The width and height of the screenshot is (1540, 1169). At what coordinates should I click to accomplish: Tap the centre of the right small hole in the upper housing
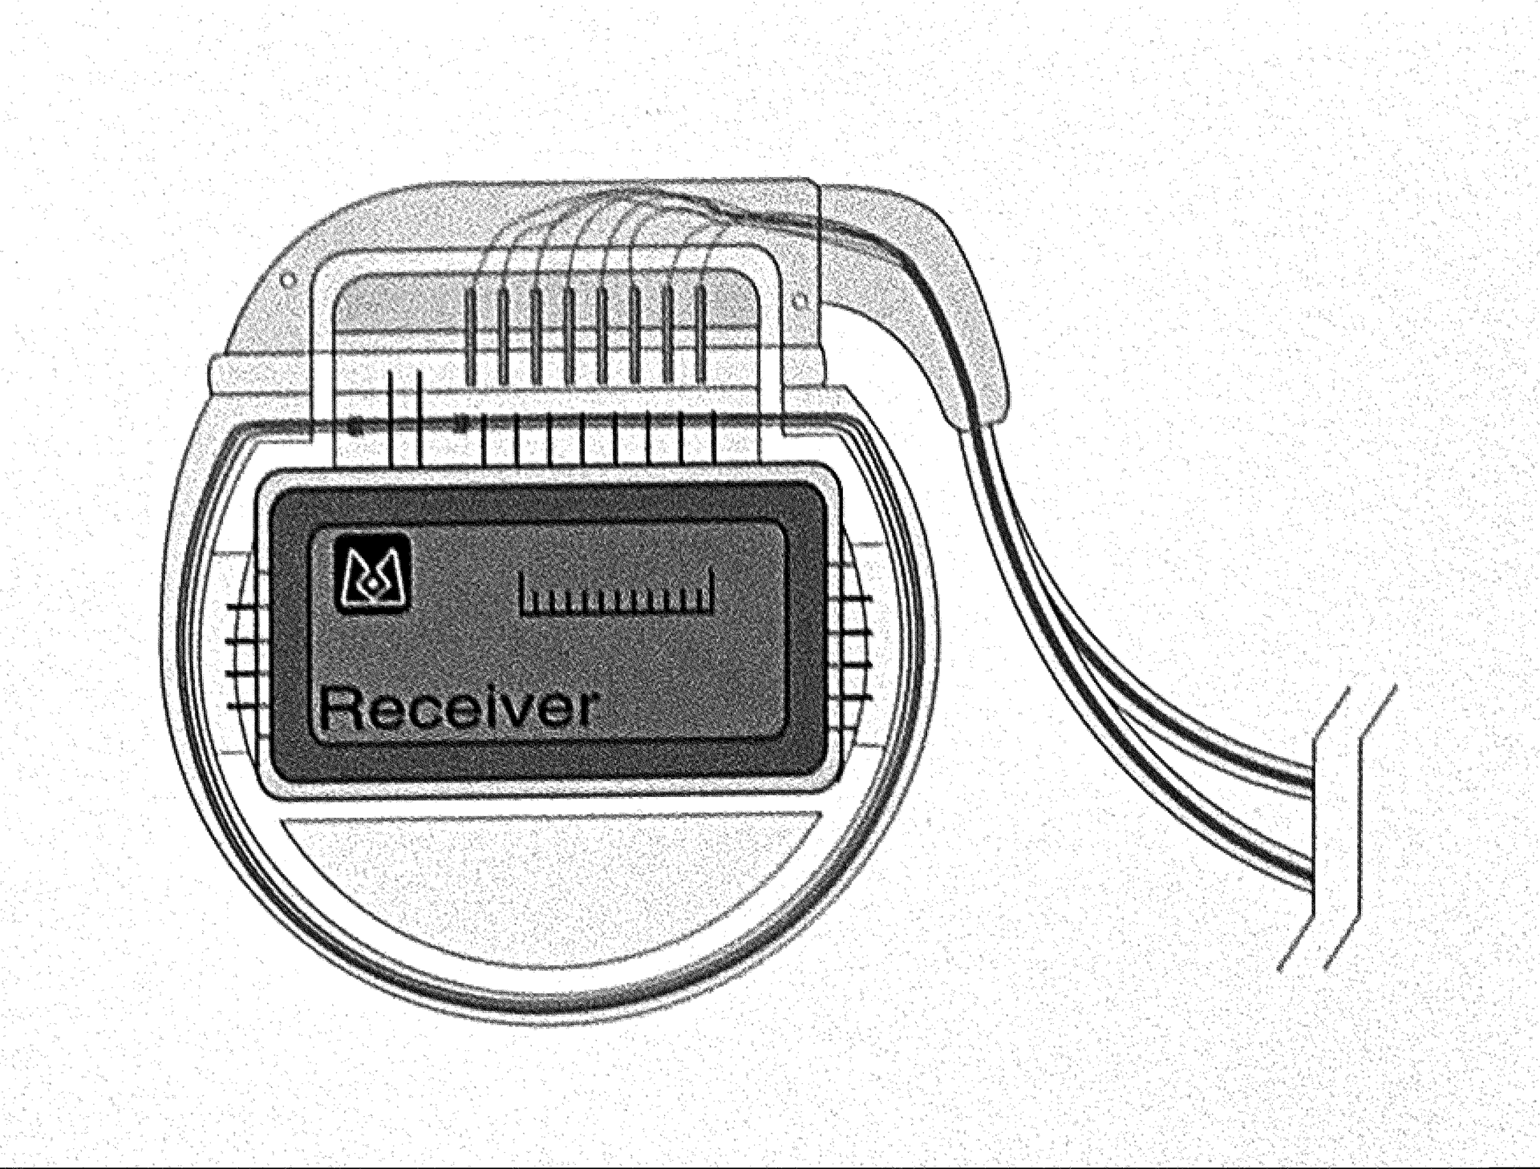tap(799, 301)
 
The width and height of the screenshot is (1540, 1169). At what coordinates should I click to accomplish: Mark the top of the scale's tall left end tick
tap(522, 573)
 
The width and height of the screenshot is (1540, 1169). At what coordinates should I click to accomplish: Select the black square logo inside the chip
tap(373, 573)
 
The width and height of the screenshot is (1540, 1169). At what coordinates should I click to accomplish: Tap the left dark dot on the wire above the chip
tap(355, 427)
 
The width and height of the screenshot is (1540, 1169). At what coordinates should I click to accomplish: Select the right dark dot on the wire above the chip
tap(460, 423)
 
